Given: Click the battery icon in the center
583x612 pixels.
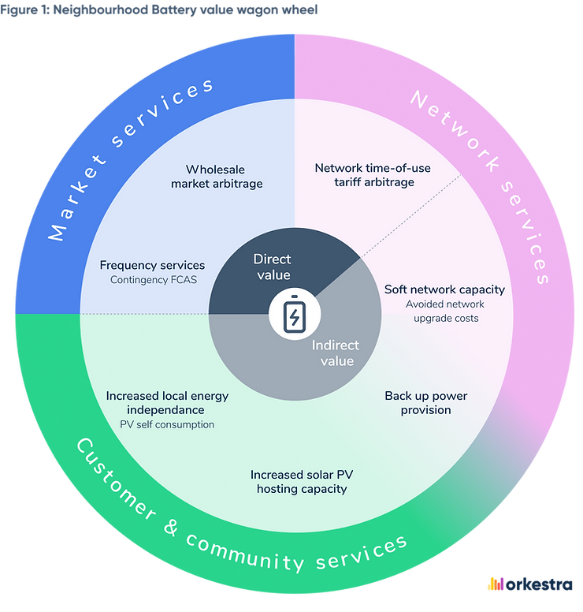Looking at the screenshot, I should [x=294, y=315].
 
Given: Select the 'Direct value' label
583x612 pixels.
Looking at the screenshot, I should [x=272, y=267].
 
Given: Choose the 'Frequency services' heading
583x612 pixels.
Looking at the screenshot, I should [x=152, y=265].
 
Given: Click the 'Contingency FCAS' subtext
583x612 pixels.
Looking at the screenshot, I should [x=152, y=280].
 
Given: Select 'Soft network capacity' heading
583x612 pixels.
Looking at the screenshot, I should [x=444, y=289].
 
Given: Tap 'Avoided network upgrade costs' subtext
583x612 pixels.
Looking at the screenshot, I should [x=444, y=311].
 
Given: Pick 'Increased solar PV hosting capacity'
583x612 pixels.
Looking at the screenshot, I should [x=301, y=481].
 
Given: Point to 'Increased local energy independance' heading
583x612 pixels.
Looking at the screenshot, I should [x=167, y=402].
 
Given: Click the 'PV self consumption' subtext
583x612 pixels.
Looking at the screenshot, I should [x=167, y=425].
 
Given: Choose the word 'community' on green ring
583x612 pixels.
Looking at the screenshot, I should [x=249, y=558].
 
